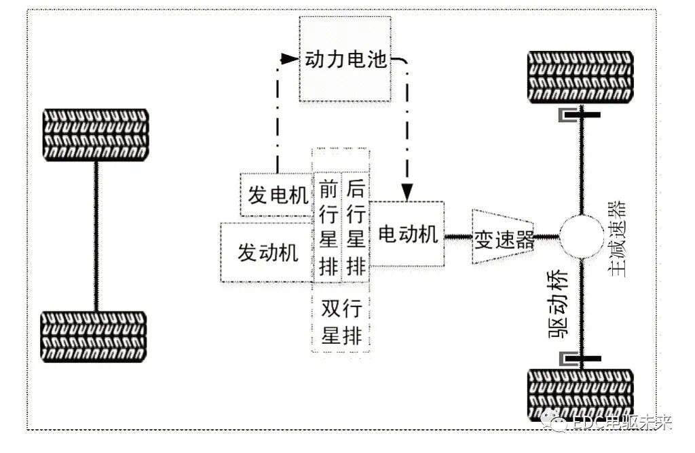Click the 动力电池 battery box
click(345, 59)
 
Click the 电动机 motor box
click(407, 235)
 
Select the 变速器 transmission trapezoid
click(503, 238)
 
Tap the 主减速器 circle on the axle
click(581, 237)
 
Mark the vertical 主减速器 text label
click(617, 237)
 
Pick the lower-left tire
click(96, 337)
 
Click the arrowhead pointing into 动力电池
click(290, 59)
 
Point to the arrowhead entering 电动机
click(407, 193)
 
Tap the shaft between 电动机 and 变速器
click(458, 237)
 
